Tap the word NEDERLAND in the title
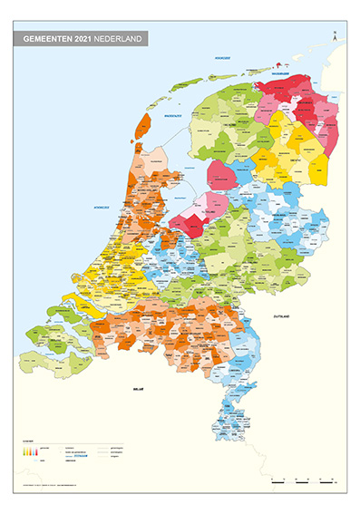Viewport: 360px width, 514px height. tap(121, 40)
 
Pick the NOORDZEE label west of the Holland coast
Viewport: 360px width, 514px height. tap(102, 208)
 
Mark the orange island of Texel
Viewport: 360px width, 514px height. tap(142, 126)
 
